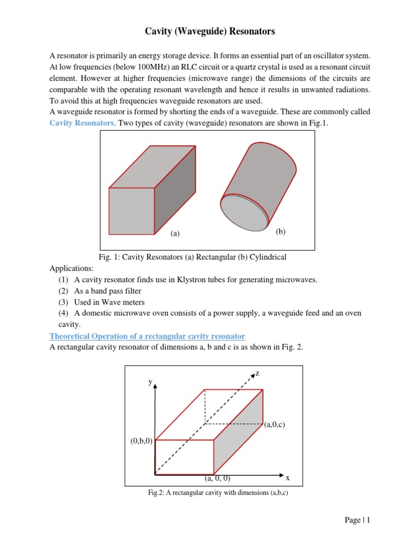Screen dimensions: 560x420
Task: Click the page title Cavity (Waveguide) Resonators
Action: point(210,32)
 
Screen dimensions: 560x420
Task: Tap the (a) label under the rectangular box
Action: point(174,234)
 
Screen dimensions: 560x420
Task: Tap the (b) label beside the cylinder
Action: point(281,231)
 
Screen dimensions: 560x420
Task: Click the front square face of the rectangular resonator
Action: point(132,211)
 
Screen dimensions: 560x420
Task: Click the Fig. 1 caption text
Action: point(192,257)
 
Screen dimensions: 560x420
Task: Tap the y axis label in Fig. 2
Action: point(150,383)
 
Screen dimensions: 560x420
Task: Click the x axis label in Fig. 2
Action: point(288,478)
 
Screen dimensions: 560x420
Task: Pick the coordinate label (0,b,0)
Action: point(142,441)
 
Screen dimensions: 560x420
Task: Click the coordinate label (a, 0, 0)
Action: point(218,479)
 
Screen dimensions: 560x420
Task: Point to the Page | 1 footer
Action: point(358,521)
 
